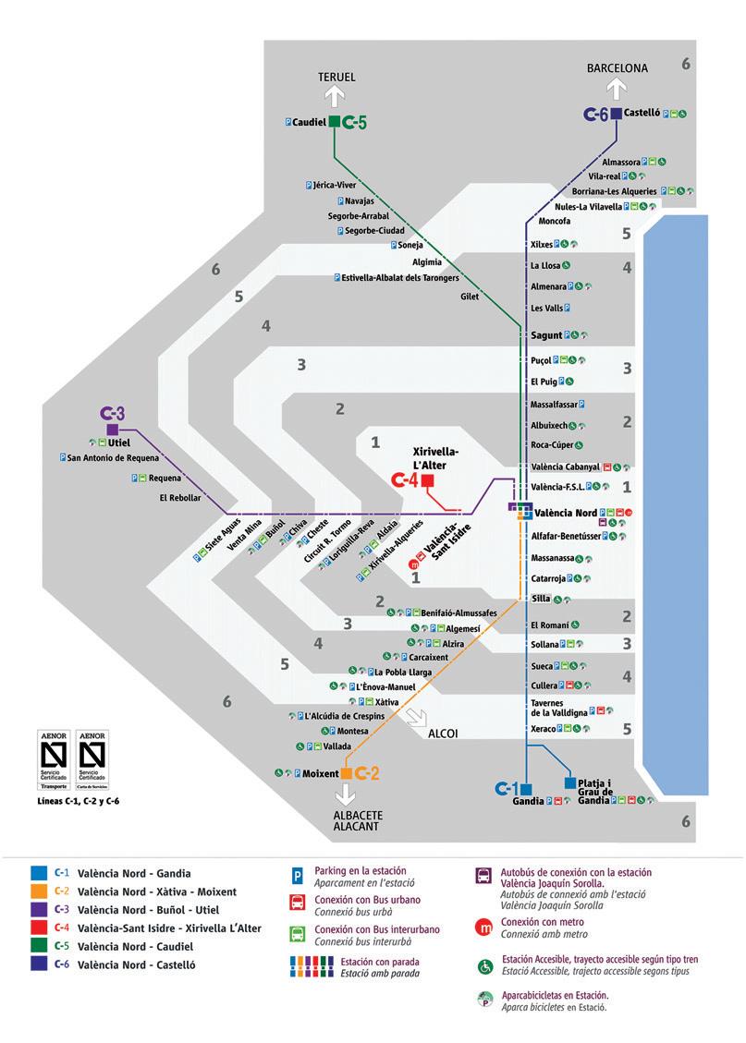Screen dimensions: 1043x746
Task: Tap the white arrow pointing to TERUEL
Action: [x=335, y=97]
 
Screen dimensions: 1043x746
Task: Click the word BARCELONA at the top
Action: [x=618, y=68]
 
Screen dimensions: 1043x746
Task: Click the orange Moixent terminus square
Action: [x=348, y=772]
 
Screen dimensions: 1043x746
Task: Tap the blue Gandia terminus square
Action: [x=526, y=789]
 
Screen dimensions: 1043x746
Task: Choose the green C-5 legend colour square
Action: [x=38, y=946]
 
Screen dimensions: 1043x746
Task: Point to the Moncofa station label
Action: [x=554, y=222]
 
